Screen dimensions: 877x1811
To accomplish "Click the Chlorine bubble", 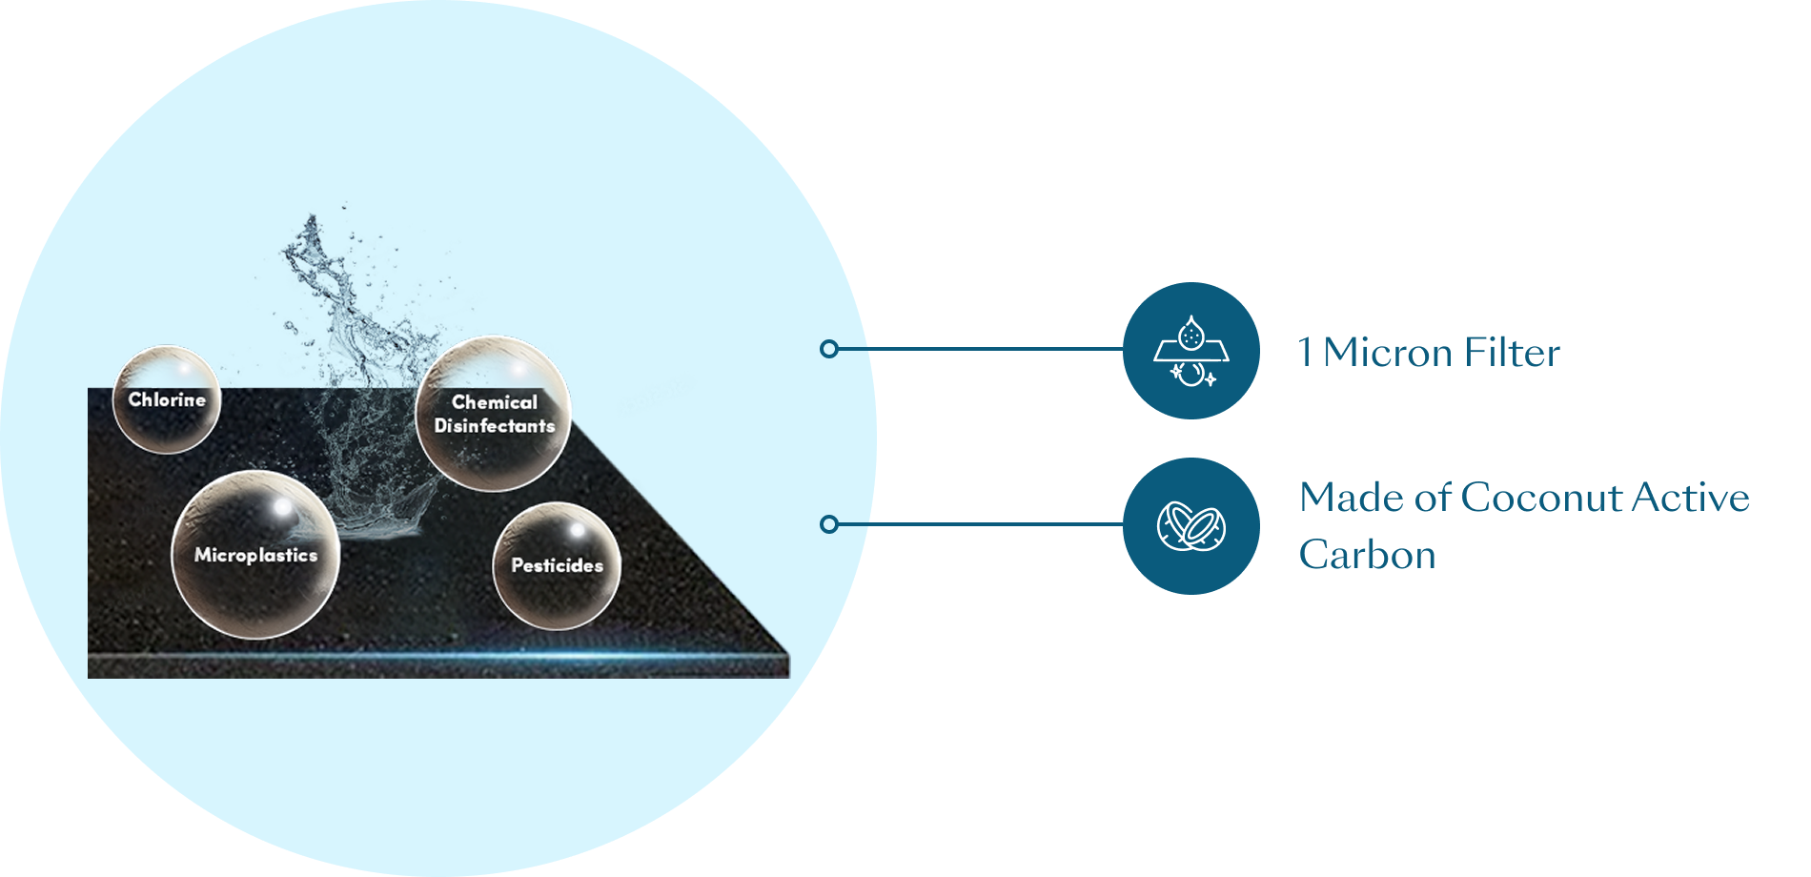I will pyautogui.click(x=167, y=400).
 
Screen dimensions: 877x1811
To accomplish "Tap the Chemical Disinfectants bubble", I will pyautogui.click(x=494, y=414).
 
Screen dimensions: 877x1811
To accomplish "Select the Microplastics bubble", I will pyautogui.click(x=255, y=555).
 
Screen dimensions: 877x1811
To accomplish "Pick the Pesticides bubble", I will pyautogui.click(x=557, y=565).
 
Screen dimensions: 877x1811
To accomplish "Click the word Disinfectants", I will pyautogui.click(x=494, y=426).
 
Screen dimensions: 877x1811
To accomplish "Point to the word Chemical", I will pyautogui.click(x=494, y=402).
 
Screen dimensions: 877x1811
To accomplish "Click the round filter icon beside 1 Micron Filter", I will pyautogui.click(x=1190, y=351).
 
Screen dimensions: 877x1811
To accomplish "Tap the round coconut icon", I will pyautogui.click(x=1190, y=526).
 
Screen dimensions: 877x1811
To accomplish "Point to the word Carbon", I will pyautogui.click(x=1367, y=555).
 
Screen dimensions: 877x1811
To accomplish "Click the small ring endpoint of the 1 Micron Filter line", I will pyautogui.click(x=829, y=349).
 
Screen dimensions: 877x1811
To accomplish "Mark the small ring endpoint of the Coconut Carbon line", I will pyautogui.click(x=829, y=524).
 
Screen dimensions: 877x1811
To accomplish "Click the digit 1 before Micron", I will pyautogui.click(x=1306, y=353).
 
